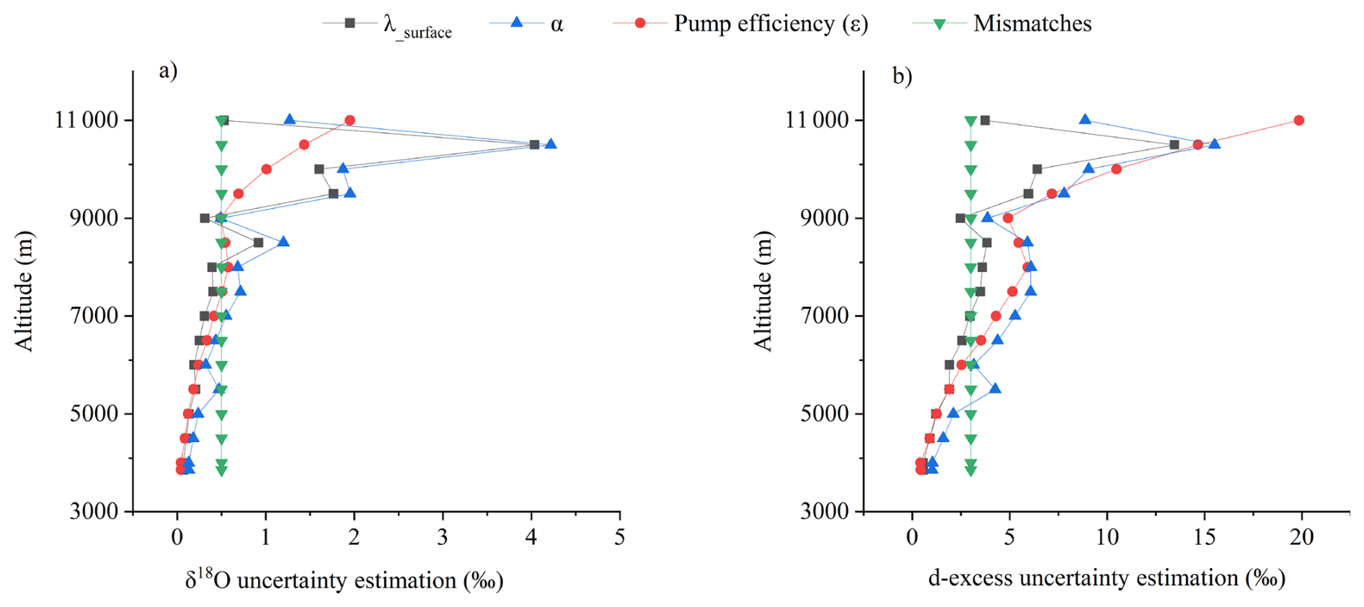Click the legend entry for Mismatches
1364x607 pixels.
(x=1032, y=24)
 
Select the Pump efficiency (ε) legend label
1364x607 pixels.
(x=771, y=24)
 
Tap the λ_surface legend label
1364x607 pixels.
(x=417, y=27)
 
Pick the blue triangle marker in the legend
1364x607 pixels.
(x=516, y=22)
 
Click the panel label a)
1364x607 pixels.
(x=168, y=71)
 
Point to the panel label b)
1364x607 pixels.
(x=902, y=76)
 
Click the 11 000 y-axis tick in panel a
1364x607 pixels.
(x=87, y=120)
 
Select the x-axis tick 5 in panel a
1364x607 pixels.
(x=620, y=537)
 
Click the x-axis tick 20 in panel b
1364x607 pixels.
(x=1302, y=537)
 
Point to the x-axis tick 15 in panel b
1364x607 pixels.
(x=1205, y=537)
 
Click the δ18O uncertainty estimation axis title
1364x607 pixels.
(x=344, y=580)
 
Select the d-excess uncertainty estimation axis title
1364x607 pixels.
(x=1107, y=578)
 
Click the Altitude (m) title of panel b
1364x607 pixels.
(x=763, y=291)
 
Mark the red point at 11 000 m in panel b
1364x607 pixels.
(x=1298, y=120)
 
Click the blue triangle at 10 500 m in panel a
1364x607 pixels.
(x=551, y=144)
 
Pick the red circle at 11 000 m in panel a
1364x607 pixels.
(x=350, y=120)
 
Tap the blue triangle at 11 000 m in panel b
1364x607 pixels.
(x=1085, y=120)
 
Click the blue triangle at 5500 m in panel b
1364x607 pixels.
(x=995, y=389)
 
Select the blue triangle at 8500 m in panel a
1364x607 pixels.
(x=283, y=242)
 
